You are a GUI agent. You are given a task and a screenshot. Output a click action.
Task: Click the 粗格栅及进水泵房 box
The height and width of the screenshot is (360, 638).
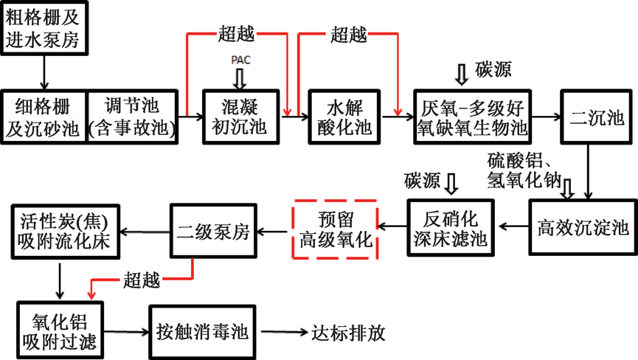[x=44, y=28]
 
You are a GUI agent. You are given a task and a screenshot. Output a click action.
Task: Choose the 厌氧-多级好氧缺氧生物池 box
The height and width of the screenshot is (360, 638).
[x=472, y=117]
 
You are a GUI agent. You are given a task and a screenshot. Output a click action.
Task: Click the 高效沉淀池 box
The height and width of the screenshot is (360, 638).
[x=583, y=228]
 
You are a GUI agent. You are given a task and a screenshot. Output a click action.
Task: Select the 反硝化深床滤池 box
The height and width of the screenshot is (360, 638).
[x=451, y=228]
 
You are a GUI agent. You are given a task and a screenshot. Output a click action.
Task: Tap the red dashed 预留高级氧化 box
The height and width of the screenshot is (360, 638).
[x=336, y=229]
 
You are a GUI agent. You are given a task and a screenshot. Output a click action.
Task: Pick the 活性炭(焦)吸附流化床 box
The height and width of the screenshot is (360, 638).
[x=65, y=231]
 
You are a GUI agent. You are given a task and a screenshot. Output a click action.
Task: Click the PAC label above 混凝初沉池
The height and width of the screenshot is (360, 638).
[x=240, y=60]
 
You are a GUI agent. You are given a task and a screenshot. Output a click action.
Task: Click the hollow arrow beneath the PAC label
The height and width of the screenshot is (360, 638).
[x=240, y=77]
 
